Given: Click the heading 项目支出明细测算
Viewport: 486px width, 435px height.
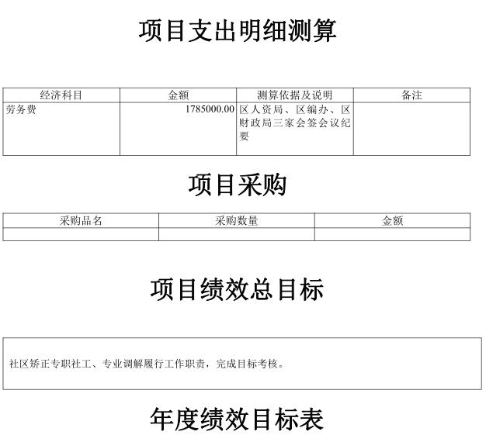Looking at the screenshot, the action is click(x=238, y=30).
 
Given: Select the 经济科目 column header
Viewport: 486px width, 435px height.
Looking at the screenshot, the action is click(x=61, y=95).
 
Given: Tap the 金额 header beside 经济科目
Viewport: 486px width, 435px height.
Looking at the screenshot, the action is click(x=179, y=95).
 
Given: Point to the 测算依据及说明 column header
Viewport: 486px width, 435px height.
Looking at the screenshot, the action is click(x=295, y=95).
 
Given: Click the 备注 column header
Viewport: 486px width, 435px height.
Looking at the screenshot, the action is click(x=411, y=95).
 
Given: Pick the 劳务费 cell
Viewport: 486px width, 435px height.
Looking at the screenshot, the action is click(x=21, y=109).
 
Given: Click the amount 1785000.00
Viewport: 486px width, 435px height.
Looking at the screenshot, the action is click(x=210, y=109).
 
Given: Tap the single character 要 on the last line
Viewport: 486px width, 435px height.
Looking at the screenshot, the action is click(x=244, y=136).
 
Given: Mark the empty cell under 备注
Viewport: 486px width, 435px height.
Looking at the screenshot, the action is click(x=411, y=129).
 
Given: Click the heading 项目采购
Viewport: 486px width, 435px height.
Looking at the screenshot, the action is click(x=237, y=185).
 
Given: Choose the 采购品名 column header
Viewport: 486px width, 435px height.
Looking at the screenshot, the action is click(x=81, y=221).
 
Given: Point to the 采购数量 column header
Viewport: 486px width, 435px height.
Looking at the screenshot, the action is click(x=237, y=221).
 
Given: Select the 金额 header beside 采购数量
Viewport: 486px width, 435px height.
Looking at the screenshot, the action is click(x=392, y=221).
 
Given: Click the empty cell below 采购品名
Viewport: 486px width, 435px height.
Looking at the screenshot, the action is click(x=81, y=234).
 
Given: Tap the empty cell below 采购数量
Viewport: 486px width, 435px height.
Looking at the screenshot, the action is click(x=237, y=234).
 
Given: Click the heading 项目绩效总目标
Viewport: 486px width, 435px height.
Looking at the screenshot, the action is click(x=237, y=289).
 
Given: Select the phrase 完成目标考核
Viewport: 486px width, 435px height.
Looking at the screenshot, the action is click(x=247, y=364).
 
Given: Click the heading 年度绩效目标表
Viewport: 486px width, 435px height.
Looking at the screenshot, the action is click(x=237, y=419).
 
